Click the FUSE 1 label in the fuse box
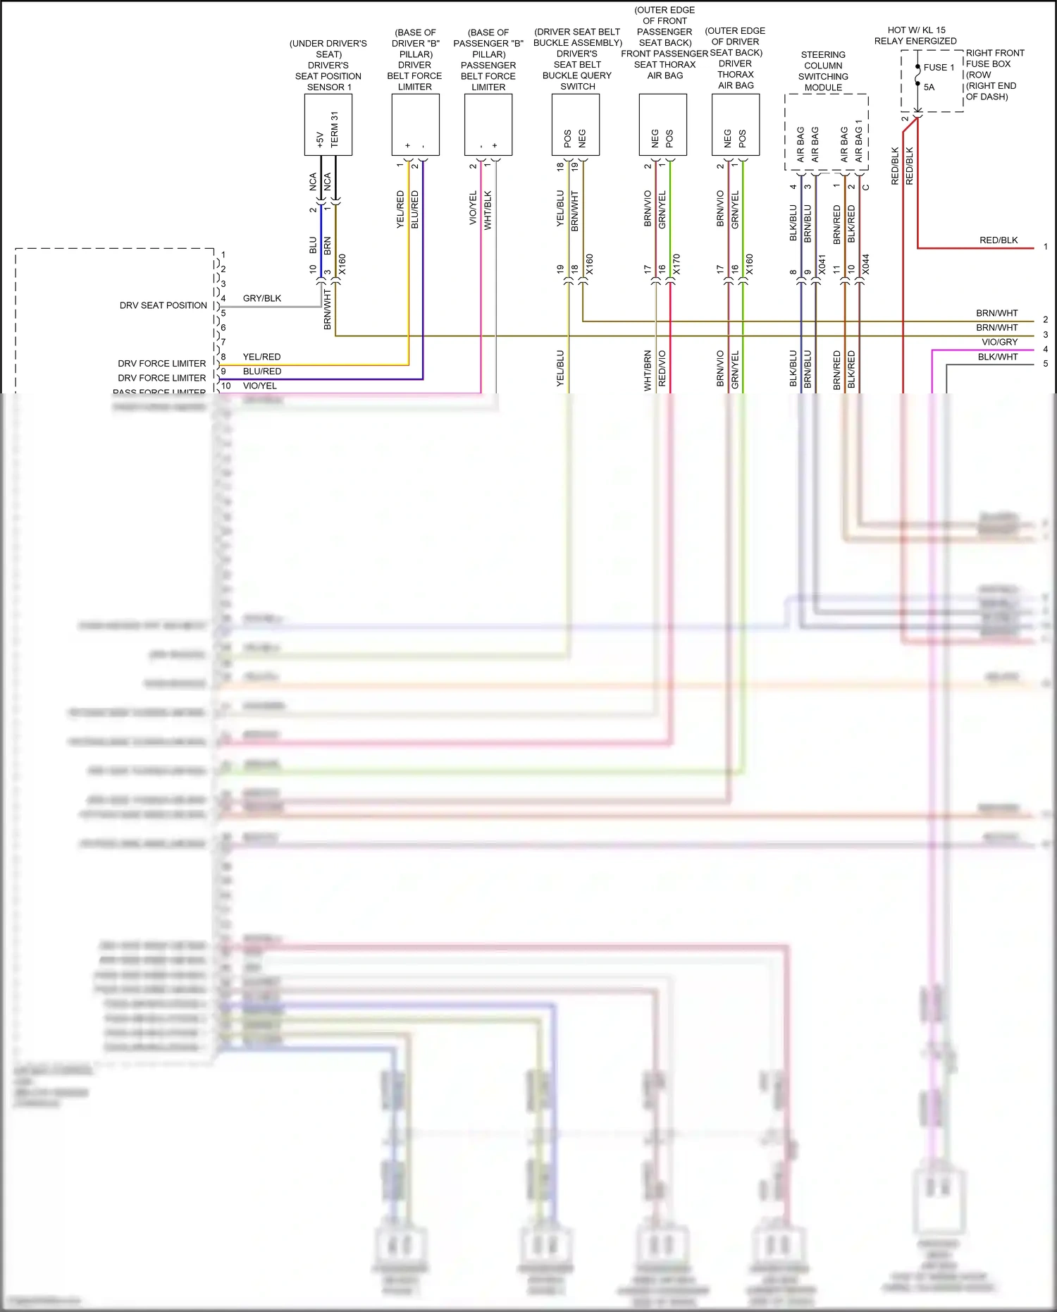(939, 68)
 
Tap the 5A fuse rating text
(929, 87)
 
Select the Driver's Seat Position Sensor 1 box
(328, 125)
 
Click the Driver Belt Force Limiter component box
(415, 125)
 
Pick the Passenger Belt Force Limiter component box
(488, 125)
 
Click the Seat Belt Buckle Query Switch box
(576, 125)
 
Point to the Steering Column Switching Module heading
(823, 71)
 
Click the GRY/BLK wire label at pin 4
(262, 298)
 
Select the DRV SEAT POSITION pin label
(163, 305)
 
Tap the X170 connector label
(676, 264)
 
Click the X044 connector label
(866, 264)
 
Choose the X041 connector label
(822, 264)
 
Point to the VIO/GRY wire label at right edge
(999, 342)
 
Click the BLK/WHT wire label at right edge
(998, 357)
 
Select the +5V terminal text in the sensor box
(320, 139)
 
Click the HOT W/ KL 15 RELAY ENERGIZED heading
(915, 35)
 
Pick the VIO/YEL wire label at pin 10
(260, 386)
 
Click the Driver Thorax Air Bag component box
(736, 125)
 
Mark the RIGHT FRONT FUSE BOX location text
(994, 74)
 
